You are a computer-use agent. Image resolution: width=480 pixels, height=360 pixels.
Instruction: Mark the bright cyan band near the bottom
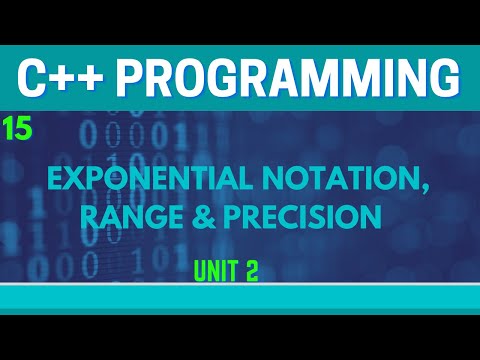point(240,297)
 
